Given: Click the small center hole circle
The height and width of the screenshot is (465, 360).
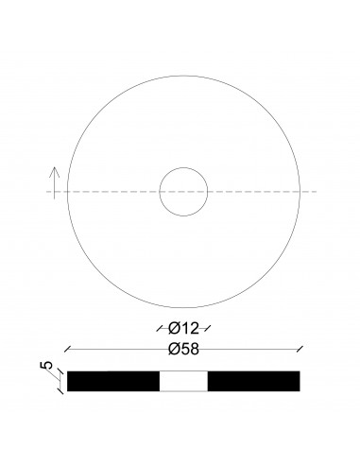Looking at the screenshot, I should [183, 192].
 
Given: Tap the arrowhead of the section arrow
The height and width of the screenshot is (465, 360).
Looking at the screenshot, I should [56, 171].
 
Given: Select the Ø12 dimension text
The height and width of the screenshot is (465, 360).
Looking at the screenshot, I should [183, 329].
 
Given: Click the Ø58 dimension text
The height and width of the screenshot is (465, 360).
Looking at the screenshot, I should [183, 349].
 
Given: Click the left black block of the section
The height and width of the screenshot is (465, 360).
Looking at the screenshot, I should [113, 380].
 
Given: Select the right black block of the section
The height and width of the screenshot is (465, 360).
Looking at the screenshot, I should [253, 380].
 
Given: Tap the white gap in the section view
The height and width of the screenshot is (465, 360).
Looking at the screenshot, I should [183, 380].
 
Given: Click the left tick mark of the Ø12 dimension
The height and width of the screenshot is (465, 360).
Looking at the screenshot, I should [160, 329].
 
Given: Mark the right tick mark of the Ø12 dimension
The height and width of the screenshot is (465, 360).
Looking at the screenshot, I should [208, 329].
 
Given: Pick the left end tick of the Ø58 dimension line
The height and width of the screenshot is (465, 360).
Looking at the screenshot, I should [68, 349].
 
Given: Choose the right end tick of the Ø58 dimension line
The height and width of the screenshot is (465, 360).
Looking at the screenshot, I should [300, 349].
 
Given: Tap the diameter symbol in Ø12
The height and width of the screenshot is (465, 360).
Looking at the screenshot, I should [173, 329].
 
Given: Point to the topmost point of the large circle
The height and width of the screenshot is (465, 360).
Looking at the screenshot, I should [183, 77].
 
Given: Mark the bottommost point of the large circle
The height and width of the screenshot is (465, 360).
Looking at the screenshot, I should [183, 308].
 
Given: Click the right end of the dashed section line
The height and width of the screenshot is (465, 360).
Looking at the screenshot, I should [317, 192].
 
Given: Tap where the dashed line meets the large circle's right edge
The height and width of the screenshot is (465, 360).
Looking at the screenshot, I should [300, 192].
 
